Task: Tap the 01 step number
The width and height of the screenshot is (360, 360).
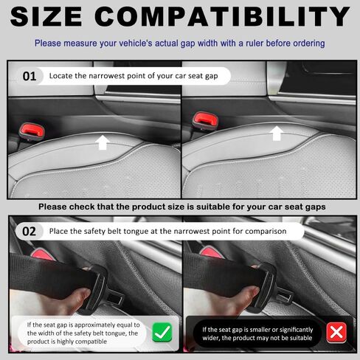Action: pyautogui.click(x=30, y=75)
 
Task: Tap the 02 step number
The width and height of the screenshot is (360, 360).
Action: pyautogui.click(x=30, y=230)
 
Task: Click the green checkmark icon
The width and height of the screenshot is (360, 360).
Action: pyautogui.click(x=162, y=333)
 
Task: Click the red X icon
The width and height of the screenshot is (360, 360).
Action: pyautogui.click(x=336, y=333)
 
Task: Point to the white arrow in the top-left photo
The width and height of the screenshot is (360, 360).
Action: pyautogui.click(x=104, y=141)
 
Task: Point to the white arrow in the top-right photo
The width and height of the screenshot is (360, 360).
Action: pyautogui.click(x=277, y=133)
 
